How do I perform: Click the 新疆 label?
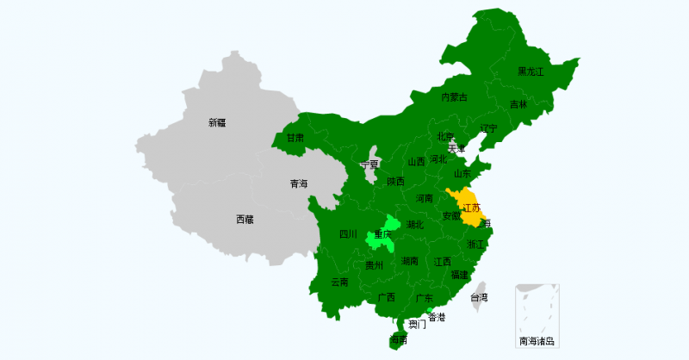click(217, 122)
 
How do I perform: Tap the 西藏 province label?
click(245, 220)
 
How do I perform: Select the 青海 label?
click(299, 183)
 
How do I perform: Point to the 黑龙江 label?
click(531, 71)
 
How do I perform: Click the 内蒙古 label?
click(455, 97)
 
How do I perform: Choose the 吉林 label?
click(518, 104)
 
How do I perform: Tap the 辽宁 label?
click(489, 129)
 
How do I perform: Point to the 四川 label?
click(348, 234)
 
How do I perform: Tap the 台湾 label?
click(479, 298)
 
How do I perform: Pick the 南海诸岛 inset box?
click(537, 315)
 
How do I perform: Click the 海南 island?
click(398, 339)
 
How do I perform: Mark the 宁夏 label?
click(369, 164)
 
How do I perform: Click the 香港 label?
click(438, 318)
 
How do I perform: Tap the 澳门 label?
click(417, 325)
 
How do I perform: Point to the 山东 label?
click(462, 173)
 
